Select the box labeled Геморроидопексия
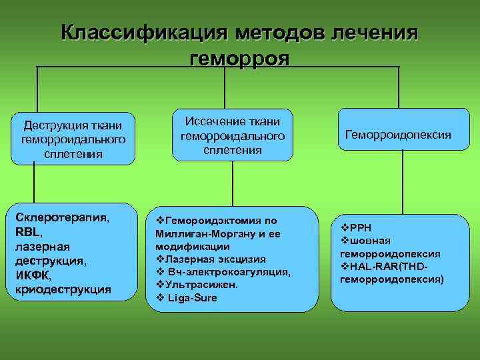(398, 135)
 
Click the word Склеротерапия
(62, 218)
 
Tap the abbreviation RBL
(27, 232)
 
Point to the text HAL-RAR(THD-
(389, 267)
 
